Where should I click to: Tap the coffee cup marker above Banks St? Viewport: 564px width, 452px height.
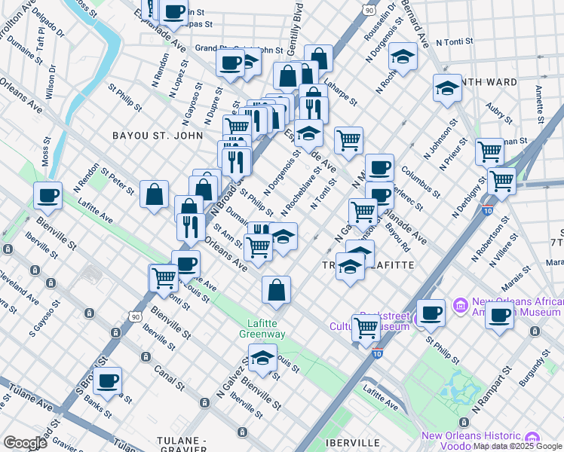[x=108, y=381]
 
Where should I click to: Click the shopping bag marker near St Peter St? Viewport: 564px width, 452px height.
[x=154, y=194]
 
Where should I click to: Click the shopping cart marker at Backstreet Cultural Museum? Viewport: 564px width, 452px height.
[x=366, y=327]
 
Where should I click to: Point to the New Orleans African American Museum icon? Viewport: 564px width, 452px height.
[x=461, y=306]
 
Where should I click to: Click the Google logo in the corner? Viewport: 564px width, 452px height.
[x=25, y=443]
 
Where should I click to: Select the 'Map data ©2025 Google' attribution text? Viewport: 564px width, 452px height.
[x=517, y=446]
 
